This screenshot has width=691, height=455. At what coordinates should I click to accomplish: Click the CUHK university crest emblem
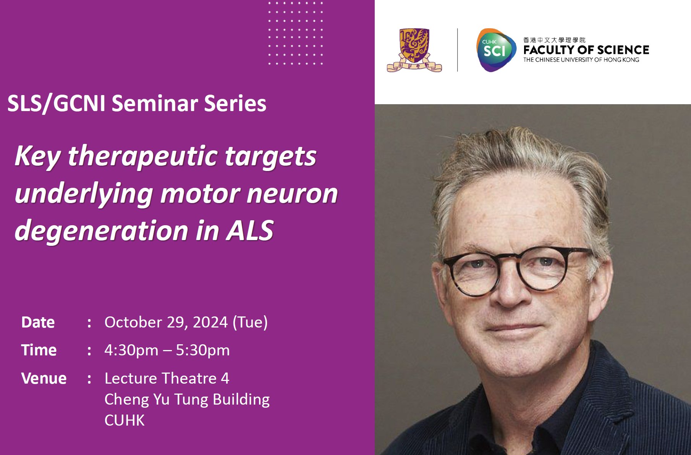point(414,50)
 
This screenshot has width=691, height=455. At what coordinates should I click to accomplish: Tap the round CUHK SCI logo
point(496,50)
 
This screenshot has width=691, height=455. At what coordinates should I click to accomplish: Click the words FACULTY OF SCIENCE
point(586,50)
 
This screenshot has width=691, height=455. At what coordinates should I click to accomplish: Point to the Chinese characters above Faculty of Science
point(554,40)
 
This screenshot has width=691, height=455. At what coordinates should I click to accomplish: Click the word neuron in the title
point(292,194)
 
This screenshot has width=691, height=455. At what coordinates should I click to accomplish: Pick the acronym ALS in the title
point(250,231)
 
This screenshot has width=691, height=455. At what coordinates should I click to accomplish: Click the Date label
point(38,323)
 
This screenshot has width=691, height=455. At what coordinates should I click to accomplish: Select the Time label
point(39,350)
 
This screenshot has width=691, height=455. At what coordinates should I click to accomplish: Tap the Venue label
point(44,378)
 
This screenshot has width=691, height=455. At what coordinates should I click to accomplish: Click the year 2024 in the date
point(210,323)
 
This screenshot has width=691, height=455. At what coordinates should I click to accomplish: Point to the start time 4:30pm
point(131,350)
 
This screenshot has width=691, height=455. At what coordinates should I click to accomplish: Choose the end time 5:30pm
point(202,350)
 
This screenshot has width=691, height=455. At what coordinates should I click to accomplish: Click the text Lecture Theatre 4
point(167,378)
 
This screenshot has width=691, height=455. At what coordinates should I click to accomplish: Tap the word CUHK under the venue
point(125,420)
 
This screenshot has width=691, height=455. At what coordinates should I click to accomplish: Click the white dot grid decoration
point(296,33)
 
